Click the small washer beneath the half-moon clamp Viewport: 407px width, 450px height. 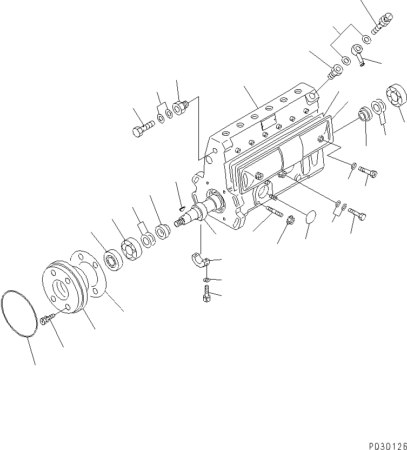(x=207, y=280)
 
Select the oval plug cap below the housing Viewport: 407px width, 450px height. (x=309, y=219)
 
